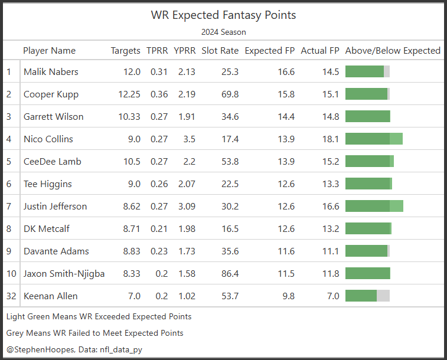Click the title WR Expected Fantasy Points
(223, 15)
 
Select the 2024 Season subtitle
(223, 32)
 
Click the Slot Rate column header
(220, 51)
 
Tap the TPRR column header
(157, 51)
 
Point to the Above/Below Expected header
(393, 51)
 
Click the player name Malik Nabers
(51, 72)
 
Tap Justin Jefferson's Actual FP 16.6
(328, 207)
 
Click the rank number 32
(11, 296)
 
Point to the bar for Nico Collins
(374, 139)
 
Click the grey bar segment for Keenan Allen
(383, 296)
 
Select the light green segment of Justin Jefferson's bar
(397, 207)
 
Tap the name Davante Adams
(57, 251)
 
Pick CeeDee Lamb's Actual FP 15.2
(328, 162)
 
